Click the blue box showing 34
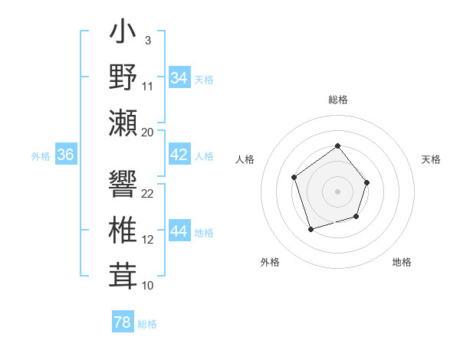click(x=179, y=78)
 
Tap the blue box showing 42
click(x=179, y=155)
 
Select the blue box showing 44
click(x=179, y=232)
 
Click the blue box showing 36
click(x=66, y=155)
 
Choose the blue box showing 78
click(x=122, y=322)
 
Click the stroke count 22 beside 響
click(x=148, y=193)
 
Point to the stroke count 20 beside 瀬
click(x=148, y=132)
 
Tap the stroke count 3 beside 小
click(x=147, y=40)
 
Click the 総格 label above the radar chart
click(x=337, y=100)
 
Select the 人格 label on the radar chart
click(x=245, y=159)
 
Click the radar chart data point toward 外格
click(x=310, y=229)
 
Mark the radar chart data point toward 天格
click(x=367, y=182)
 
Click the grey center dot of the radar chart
click(x=337, y=191)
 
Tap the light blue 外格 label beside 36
click(x=41, y=155)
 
